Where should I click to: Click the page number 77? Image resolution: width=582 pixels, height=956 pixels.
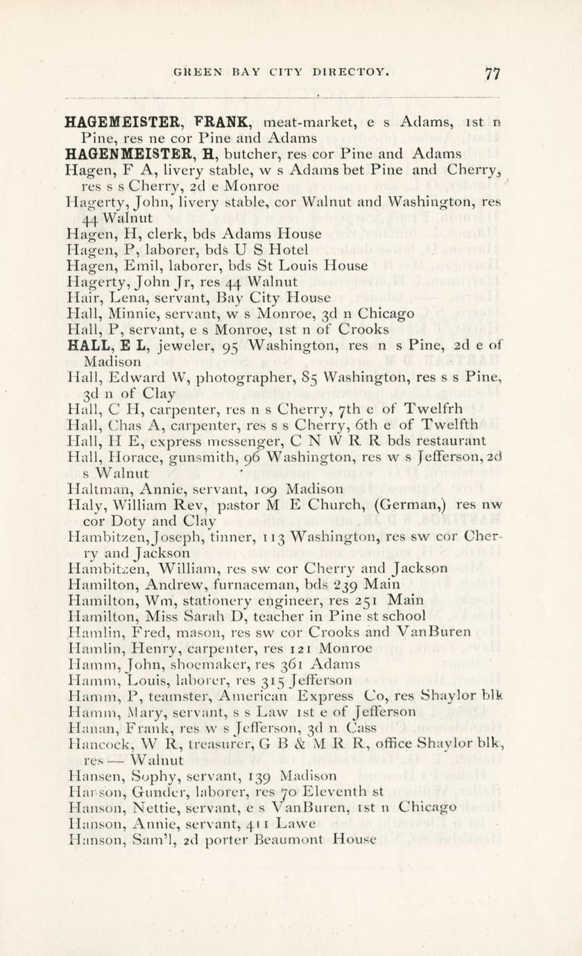pos(493,73)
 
